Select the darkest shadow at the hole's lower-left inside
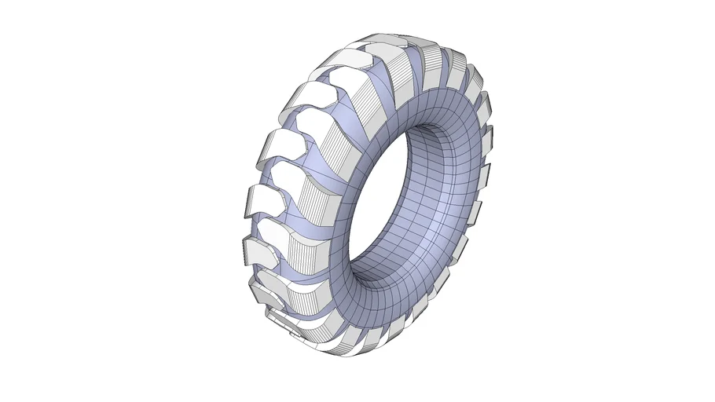coord(369,259)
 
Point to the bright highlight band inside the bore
coord(440,236)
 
